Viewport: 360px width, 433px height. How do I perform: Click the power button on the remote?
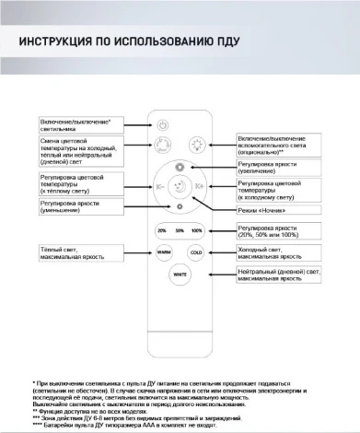click(162, 124)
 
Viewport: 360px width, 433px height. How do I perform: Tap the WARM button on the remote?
click(162, 252)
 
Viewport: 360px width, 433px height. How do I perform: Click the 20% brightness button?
click(161, 229)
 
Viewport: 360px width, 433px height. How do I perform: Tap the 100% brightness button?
click(195, 229)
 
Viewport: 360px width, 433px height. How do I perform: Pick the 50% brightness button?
click(179, 229)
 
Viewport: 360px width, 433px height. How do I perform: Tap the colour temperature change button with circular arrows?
click(162, 145)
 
